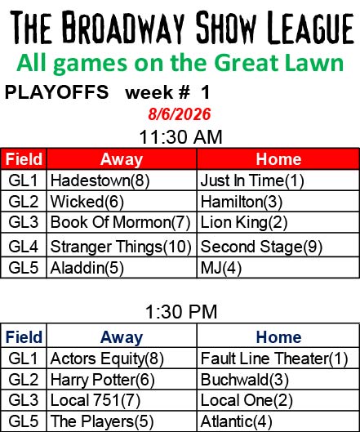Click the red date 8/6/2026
click(x=180, y=114)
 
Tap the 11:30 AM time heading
click(x=180, y=137)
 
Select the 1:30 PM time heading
click(x=181, y=312)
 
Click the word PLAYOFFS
click(x=57, y=92)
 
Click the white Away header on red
click(x=122, y=159)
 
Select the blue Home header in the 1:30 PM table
click(x=278, y=337)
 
